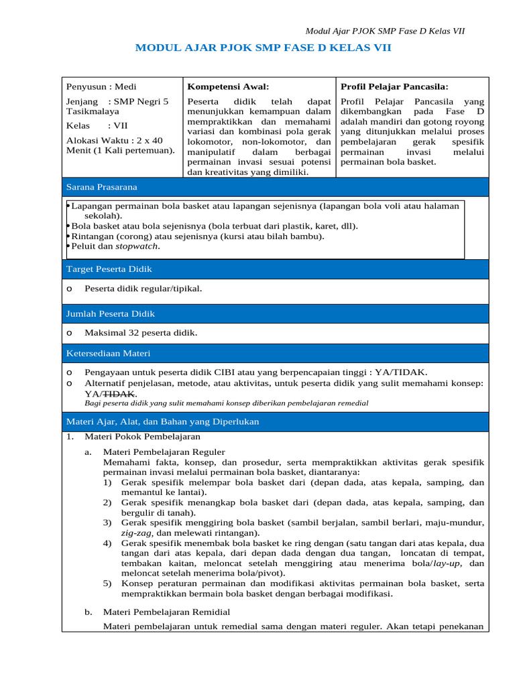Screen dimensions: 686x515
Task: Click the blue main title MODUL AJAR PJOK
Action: pos(263,48)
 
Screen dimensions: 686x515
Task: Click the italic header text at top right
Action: pos(385,31)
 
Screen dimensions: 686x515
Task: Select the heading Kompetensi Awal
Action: pos(228,86)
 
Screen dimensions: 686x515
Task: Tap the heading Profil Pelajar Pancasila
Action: pos(394,86)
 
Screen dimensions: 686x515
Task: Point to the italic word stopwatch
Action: pos(137,246)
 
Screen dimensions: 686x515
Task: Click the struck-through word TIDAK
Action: pos(122,393)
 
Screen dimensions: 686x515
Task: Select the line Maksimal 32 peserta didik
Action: pos(141,332)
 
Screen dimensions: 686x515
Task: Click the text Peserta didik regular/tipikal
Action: pos(143,288)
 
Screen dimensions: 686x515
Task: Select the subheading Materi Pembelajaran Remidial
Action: pos(166,612)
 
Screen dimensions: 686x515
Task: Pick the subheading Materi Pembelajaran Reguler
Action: pos(164,452)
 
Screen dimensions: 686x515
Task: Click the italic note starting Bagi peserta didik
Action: pos(226,403)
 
